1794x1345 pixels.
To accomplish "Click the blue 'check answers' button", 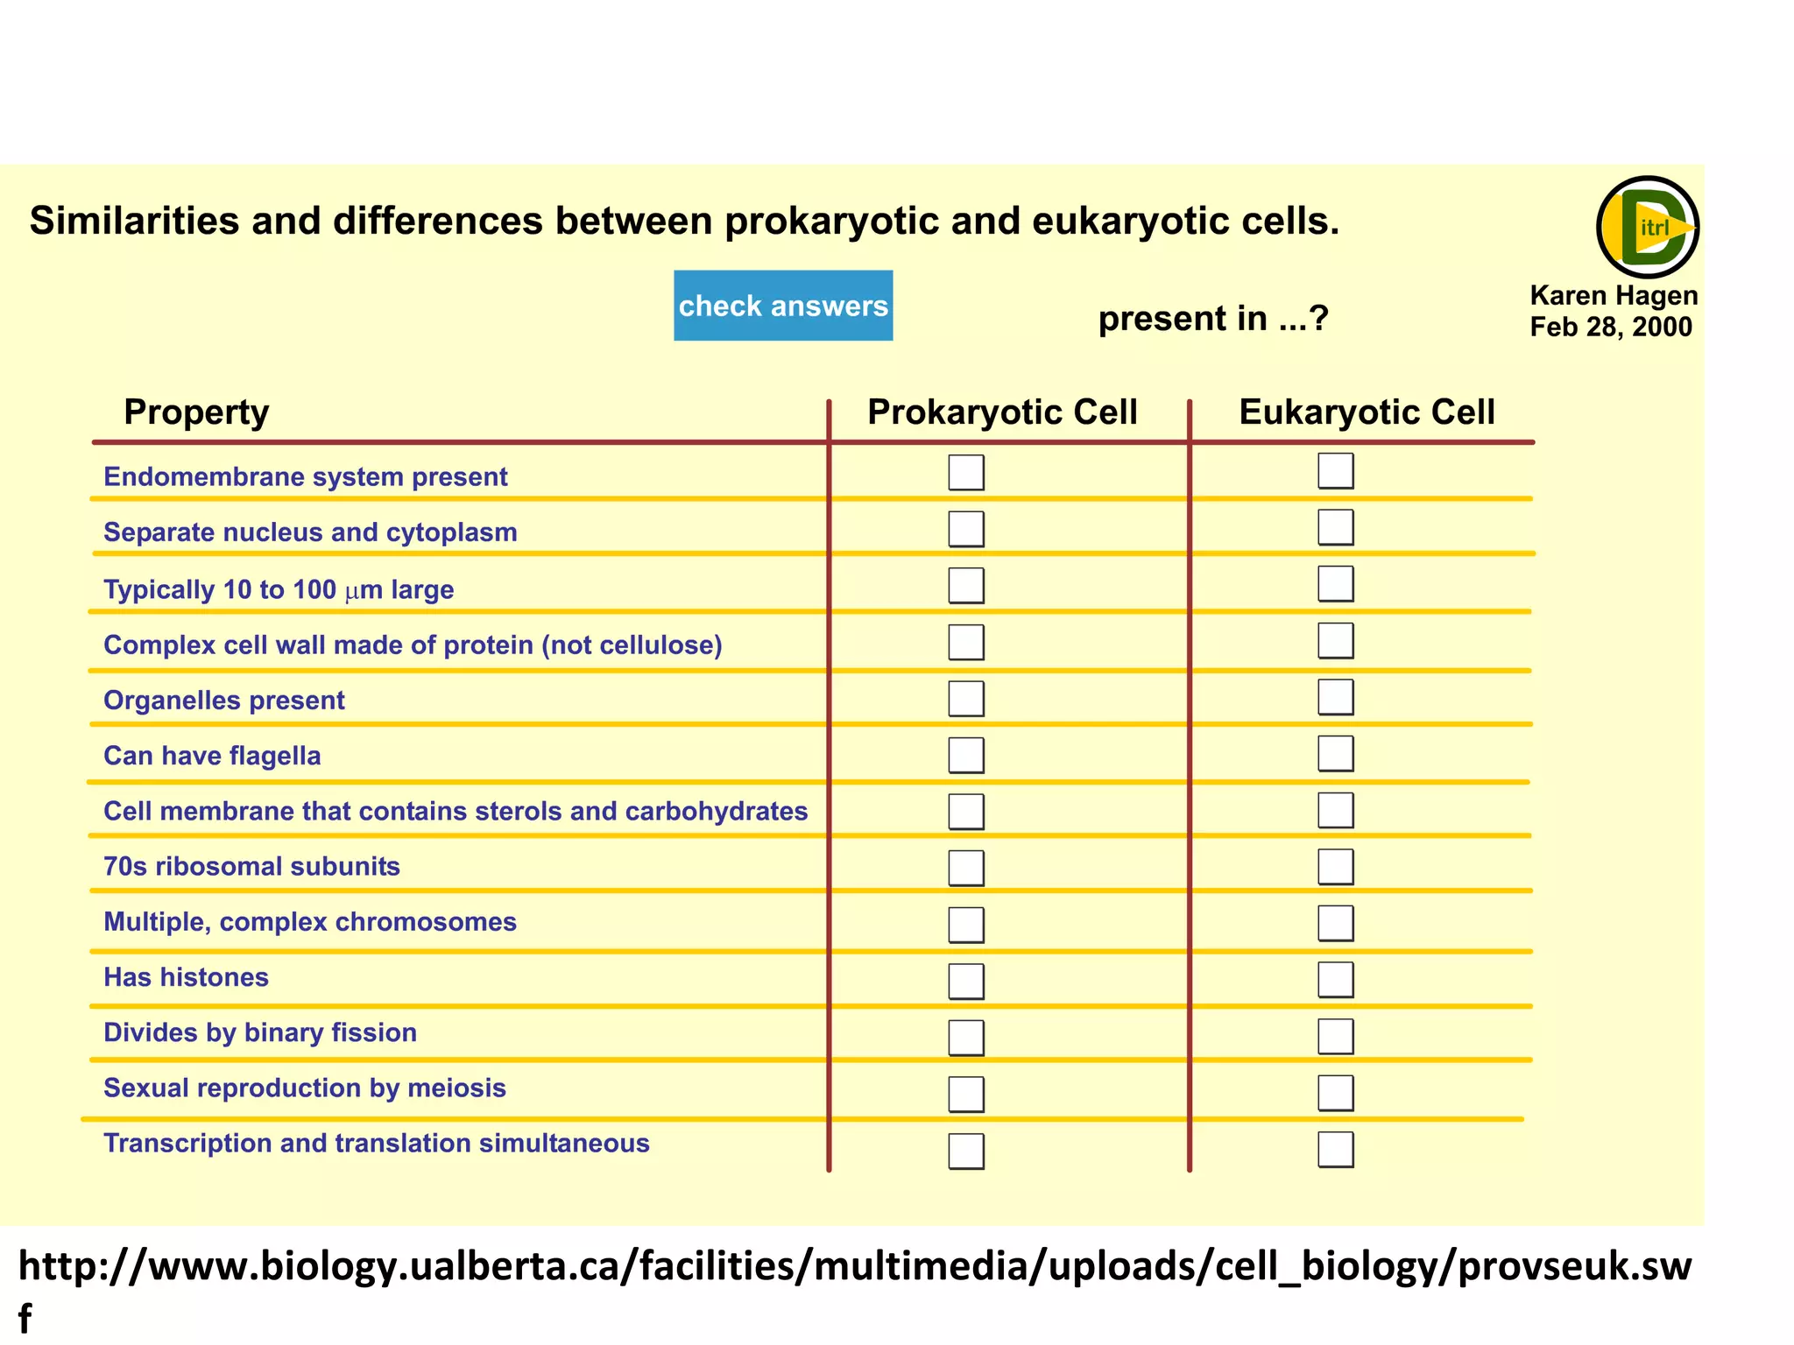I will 783,306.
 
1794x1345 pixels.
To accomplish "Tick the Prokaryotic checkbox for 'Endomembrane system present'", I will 966,473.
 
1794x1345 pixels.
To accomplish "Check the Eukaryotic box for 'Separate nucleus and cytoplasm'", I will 1336,528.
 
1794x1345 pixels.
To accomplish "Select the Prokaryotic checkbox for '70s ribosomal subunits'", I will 966,868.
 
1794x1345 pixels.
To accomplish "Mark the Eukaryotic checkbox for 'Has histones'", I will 1336,980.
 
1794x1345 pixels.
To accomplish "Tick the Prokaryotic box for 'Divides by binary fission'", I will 966,1038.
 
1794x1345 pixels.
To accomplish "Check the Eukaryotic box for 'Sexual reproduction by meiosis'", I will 1336,1093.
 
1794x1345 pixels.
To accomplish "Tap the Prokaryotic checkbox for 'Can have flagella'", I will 966,755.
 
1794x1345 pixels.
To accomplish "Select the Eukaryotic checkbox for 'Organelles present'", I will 1336,698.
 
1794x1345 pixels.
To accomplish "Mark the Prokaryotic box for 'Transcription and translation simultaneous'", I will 966,1151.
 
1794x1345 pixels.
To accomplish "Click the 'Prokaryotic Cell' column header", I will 1002,412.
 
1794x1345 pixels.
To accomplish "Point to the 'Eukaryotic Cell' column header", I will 1367,412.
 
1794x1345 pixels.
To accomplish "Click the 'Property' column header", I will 196,412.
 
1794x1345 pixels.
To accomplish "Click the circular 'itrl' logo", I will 1648,228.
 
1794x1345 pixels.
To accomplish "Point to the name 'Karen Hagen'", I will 1614,296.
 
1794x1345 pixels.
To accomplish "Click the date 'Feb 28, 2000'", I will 1611,327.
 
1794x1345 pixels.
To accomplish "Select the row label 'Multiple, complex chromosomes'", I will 310,922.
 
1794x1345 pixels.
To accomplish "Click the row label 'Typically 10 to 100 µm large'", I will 279,590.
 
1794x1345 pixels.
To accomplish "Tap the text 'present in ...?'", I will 1213,319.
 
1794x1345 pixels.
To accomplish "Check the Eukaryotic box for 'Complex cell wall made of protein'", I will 1336,641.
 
